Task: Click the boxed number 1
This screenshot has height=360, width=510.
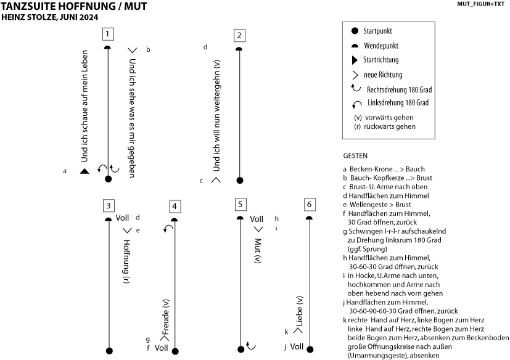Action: point(109,34)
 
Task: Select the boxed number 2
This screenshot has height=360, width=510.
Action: point(239,35)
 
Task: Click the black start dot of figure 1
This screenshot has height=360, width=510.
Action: point(109,179)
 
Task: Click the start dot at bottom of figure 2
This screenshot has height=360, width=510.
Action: point(240,181)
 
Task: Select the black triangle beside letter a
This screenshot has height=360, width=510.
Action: point(84,171)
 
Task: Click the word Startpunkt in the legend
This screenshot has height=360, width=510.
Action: point(379,30)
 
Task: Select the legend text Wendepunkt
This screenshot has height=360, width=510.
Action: point(380,45)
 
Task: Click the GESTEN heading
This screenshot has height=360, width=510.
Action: point(355,156)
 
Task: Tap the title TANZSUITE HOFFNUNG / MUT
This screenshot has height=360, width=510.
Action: point(73,6)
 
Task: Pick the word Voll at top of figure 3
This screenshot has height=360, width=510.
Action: point(122,218)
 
